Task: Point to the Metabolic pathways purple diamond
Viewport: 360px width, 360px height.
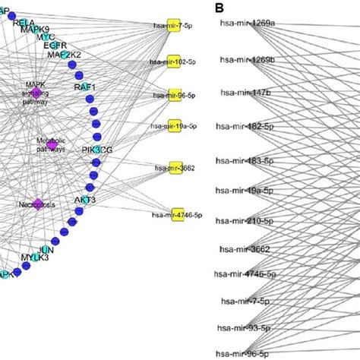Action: (52, 144)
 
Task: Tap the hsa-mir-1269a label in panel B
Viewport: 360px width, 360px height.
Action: (245, 25)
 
